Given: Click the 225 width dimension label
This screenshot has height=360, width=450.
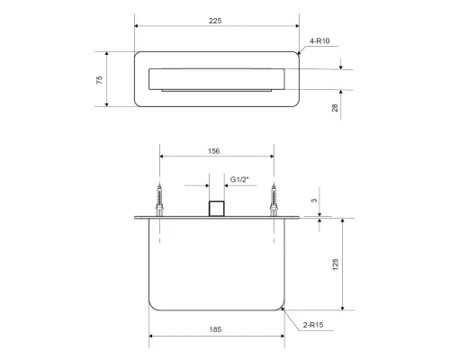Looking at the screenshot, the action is (215, 21).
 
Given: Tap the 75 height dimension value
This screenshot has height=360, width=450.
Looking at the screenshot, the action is (99, 80).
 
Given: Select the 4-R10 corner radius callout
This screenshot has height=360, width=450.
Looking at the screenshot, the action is (319, 40).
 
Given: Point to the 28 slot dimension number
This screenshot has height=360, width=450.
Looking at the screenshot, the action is (335, 108).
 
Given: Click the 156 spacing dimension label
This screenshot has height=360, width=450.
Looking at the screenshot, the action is (213, 151).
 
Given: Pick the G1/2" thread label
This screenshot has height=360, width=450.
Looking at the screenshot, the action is (239, 179).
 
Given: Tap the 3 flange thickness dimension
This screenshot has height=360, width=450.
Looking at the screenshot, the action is (314, 201).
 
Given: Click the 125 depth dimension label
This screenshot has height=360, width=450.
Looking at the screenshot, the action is (336, 265).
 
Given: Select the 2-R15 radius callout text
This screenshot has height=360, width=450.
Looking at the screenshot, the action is (313, 325).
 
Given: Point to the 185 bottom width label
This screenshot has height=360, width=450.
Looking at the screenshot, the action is (215, 329).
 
